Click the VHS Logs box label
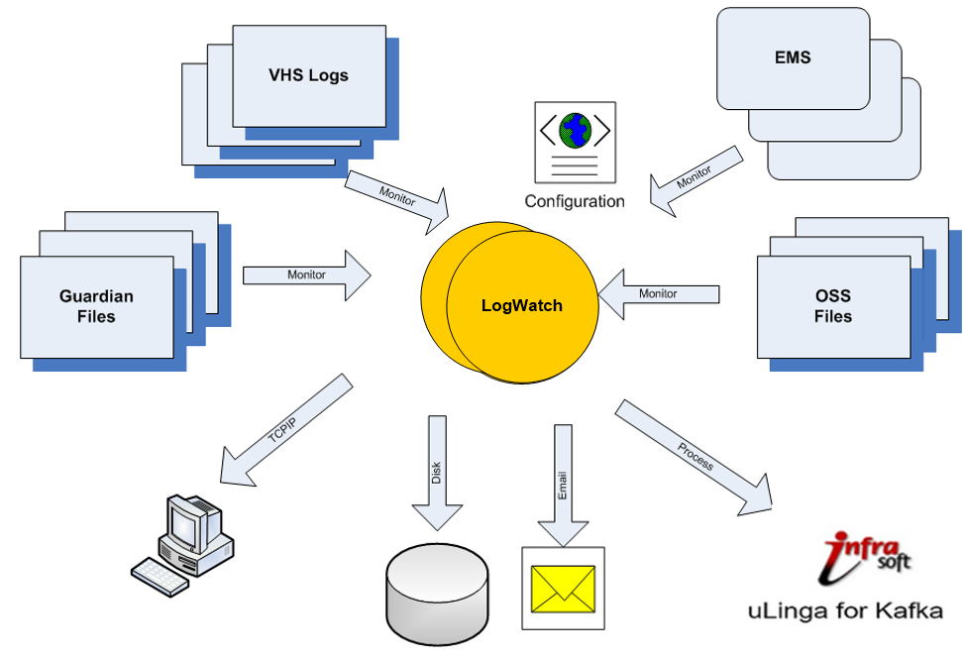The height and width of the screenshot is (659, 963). [308, 75]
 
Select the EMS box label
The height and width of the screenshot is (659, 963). [792, 57]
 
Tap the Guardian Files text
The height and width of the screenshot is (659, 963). [96, 306]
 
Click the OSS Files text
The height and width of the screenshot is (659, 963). [832, 306]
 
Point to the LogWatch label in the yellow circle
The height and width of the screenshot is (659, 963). [521, 305]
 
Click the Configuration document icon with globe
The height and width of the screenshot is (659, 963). [574, 142]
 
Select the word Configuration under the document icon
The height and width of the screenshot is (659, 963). [574, 201]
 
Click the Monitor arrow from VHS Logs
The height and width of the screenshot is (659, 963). [396, 195]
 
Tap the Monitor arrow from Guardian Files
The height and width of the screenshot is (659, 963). [306, 275]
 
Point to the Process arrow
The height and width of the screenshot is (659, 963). [694, 458]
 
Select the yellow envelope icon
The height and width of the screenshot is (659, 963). [563, 588]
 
